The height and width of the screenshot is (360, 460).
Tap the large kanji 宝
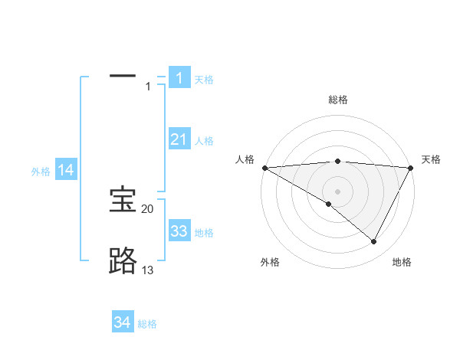click(x=123, y=201)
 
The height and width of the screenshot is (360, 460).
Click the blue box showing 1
click(x=179, y=78)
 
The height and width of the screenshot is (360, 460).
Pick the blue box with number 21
click(x=179, y=139)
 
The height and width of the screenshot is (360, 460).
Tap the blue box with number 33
click(x=179, y=232)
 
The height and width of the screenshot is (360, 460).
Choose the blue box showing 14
click(x=66, y=171)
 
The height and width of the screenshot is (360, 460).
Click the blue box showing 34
click(x=122, y=323)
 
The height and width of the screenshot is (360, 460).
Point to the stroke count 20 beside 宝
click(x=147, y=209)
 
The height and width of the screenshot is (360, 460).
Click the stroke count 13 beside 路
click(x=147, y=270)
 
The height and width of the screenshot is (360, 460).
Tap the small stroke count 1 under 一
click(x=148, y=87)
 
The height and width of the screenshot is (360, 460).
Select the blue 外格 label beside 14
click(x=41, y=172)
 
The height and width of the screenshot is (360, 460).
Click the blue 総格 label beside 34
click(x=147, y=324)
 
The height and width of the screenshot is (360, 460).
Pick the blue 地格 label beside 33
click(x=204, y=233)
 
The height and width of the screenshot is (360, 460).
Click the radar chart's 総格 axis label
click(x=337, y=100)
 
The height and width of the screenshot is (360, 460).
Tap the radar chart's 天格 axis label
click(x=431, y=159)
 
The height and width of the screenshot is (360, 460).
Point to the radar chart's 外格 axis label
click(x=270, y=262)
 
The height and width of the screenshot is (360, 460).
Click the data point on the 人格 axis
click(x=264, y=168)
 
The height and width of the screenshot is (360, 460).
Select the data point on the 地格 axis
click(x=374, y=242)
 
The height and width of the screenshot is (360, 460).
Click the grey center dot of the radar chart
click(x=337, y=191)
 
